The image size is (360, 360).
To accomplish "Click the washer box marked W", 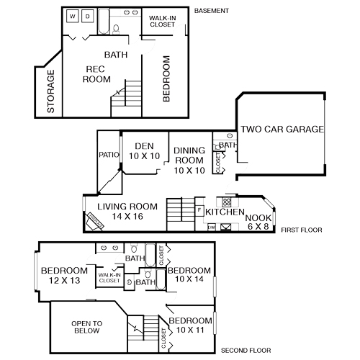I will coord(73,16).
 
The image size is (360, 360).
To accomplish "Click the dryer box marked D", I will coord(87,16).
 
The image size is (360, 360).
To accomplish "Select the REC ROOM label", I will coord(96,74).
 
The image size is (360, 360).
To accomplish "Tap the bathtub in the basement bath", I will coord(105,28).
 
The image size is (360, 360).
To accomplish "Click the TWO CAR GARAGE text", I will coord(282,130).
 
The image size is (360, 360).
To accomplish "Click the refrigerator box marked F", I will coord(199,210).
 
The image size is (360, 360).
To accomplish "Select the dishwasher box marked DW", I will coord(211,228).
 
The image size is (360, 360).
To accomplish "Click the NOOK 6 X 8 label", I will coord(258,222).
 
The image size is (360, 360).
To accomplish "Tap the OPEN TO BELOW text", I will coord(87,328).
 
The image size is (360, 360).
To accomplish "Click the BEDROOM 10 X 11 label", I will coord(190,325).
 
